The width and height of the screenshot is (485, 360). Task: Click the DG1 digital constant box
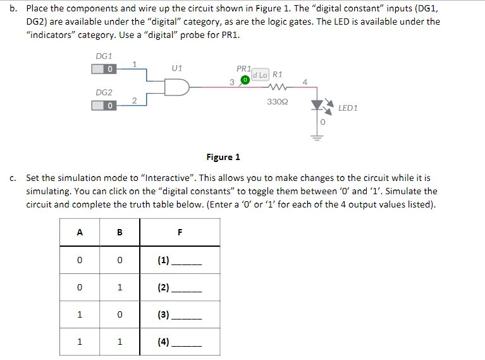point(104,68)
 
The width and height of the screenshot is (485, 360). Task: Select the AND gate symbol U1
point(176,86)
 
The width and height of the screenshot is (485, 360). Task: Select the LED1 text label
point(348,108)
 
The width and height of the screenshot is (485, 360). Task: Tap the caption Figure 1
point(223,157)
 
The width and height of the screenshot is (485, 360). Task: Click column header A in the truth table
point(79,232)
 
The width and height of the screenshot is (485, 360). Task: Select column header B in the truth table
point(120,232)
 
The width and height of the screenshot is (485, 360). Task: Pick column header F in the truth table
point(180,232)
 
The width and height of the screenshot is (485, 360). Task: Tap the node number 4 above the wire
point(305,82)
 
